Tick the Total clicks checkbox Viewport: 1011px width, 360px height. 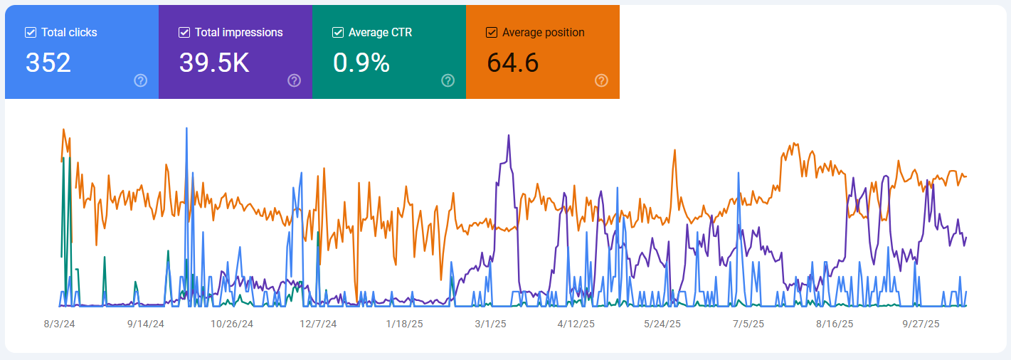click(31, 32)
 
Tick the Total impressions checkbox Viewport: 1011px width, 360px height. click(184, 32)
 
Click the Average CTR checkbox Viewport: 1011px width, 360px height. click(338, 32)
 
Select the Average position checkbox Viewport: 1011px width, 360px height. click(492, 32)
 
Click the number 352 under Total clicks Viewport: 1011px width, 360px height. click(48, 63)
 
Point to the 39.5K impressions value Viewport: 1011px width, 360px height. click(214, 63)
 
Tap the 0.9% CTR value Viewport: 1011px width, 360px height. click(361, 63)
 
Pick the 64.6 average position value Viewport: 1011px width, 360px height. click(513, 63)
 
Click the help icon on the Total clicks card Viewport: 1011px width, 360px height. click(141, 80)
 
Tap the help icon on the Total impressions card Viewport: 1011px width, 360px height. click(295, 80)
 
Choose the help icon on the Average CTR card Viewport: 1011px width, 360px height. click(448, 80)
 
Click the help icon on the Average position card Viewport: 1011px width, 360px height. click(602, 80)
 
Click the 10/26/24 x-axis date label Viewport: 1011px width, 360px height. click(232, 324)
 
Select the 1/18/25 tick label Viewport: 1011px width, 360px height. click(404, 324)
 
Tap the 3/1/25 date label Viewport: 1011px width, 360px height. click(491, 324)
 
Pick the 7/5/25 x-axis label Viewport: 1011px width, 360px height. click(748, 324)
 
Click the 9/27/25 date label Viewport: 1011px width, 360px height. click(921, 324)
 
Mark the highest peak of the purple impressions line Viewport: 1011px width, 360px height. click(509, 135)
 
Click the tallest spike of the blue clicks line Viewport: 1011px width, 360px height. click(186, 129)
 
